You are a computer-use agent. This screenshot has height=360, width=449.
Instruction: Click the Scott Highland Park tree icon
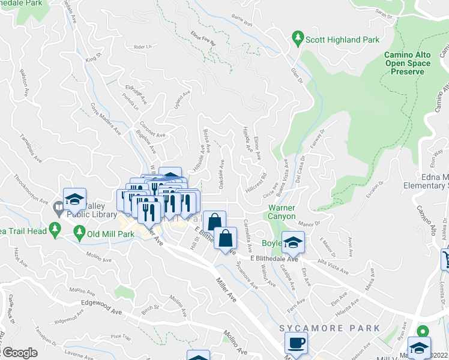point(298,39)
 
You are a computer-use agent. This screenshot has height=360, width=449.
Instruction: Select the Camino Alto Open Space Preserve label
point(408,63)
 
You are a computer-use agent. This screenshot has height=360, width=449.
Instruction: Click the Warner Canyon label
point(282,211)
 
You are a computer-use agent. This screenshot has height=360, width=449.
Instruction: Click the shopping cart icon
point(446,259)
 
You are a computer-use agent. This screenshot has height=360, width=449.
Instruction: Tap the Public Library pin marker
point(58,208)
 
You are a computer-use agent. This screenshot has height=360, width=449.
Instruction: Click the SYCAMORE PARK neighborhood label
point(330,328)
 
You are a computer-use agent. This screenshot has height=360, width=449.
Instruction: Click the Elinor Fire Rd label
point(203,38)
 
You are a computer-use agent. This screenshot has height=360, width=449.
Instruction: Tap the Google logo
point(20,353)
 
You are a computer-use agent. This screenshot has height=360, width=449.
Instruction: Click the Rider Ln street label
point(143,46)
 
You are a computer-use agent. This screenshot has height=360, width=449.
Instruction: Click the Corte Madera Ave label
point(106,118)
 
